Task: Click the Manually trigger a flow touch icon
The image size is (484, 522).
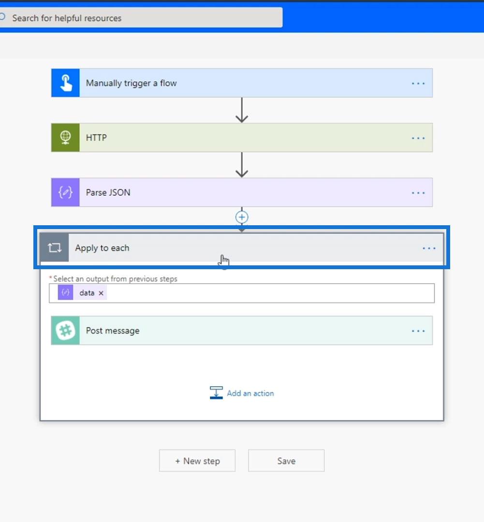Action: pos(65,83)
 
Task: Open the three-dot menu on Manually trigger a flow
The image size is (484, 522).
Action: pos(418,83)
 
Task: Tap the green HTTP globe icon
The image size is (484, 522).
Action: pos(65,137)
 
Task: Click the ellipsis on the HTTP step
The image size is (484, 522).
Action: pos(418,138)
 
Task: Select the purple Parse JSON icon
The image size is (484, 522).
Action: pos(65,192)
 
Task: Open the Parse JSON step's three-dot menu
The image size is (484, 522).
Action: pos(418,193)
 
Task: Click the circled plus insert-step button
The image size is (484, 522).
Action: pos(242,217)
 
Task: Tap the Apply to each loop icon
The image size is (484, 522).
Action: pos(54,247)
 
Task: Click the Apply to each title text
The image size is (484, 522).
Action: pos(102,248)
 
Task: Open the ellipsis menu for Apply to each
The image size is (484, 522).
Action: pos(429,248)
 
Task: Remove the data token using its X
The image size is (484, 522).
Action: pos(101,293)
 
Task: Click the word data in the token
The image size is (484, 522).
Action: pos(87,293)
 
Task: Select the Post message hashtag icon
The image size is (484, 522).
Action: pos(65,330)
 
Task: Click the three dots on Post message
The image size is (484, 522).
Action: pos(418,331)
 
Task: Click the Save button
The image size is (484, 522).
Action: pos(286,461)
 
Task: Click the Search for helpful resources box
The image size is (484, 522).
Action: pos(141,18)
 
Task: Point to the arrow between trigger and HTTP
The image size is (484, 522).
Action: pos(242,110)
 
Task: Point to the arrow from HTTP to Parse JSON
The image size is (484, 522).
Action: pos(242,165)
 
